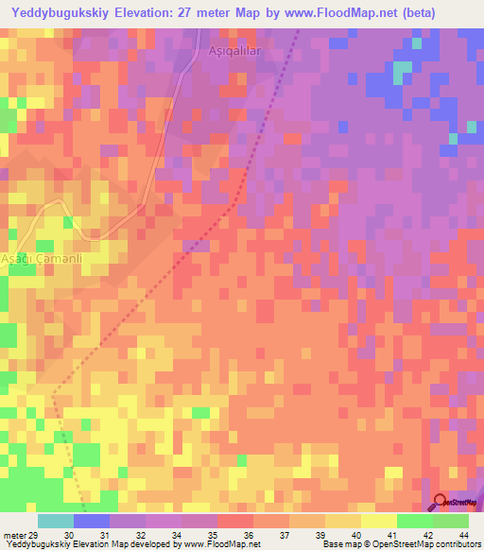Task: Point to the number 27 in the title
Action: click(x=205, y=12)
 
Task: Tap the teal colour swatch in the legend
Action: click(x=55, y=521)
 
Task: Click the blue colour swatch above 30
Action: click(x=91, y=521)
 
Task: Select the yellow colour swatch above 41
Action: click(x=378, y=521)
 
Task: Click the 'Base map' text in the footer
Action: click(x=341, y=544)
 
